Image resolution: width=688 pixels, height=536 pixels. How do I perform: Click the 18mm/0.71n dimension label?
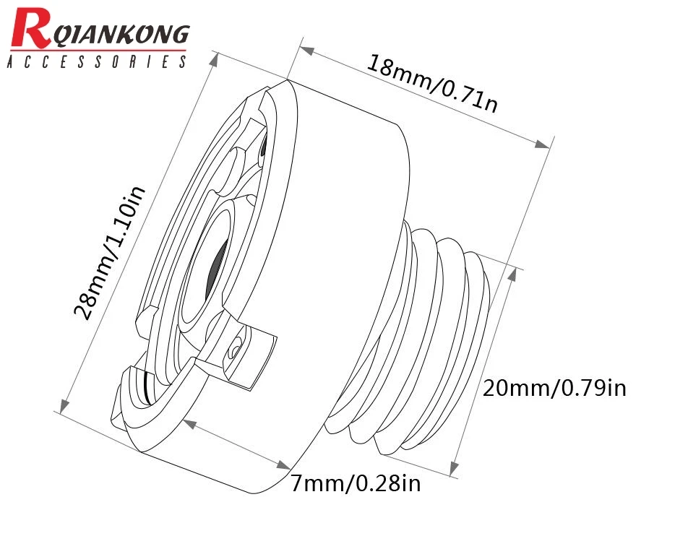432,82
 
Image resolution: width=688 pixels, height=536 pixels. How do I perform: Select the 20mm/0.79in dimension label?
554,388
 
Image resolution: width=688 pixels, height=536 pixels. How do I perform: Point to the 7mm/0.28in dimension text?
355,483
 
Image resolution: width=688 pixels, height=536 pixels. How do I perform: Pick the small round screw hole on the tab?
233,350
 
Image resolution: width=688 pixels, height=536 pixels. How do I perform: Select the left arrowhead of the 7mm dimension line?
190,423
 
